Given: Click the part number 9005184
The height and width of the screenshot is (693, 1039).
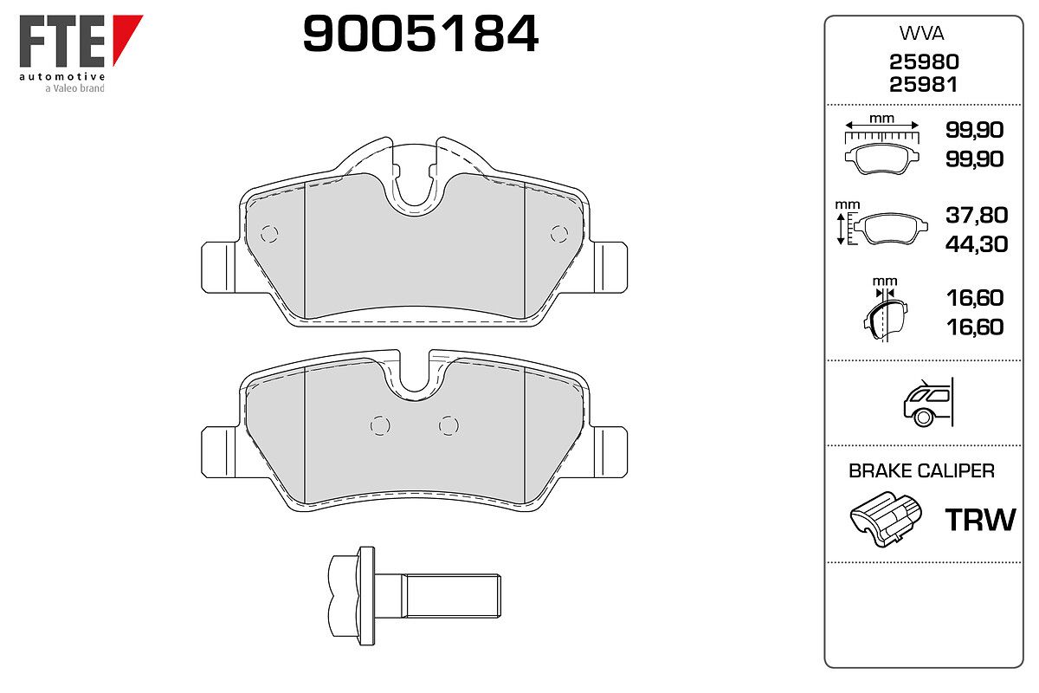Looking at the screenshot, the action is pyautogui.click(x=420, y=34).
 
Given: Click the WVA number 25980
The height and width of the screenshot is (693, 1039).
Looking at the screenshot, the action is pyautogui.click(x=924, y=62).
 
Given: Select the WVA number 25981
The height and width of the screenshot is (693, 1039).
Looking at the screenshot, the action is pyautogui.click(x=923, y=85).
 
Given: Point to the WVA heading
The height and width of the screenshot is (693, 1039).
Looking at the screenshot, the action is pyautogui.click(x=921, y=34).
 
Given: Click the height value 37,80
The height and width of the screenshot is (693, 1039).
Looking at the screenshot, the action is pyautogui.click(x=977, y=215).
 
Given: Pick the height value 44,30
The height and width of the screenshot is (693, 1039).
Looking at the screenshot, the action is pyautogui.click(x=977, y=244).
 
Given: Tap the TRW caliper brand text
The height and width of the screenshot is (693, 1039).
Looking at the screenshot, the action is pyautogui.click(x=980, y=520).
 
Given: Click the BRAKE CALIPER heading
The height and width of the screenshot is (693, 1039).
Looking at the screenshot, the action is pyautogui.click(x=921, y=471).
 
